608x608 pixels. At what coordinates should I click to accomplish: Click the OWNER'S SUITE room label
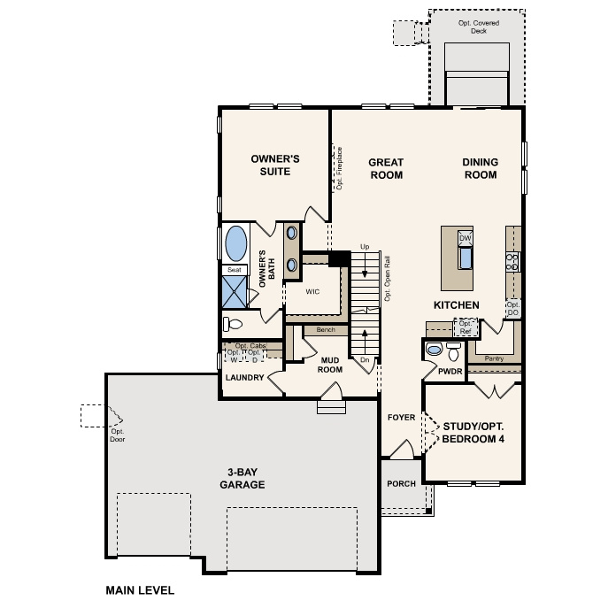coord(275,165)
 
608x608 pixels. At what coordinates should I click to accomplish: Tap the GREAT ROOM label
coord(386,168)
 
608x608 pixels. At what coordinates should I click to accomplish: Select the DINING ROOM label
coord(480,168)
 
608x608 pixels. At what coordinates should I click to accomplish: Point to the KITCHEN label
coord(456,305)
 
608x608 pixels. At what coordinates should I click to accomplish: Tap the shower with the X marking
coord(235,291)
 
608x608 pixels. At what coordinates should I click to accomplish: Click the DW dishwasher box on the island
coord(465,239)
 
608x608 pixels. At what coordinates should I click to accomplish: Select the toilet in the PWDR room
coord(434,350)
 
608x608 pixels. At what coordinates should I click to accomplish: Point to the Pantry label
coord(494,359)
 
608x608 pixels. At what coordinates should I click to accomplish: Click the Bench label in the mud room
coord(325,330)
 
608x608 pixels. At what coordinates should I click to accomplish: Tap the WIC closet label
coord(312,291)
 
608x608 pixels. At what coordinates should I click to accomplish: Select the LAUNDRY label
coord(244,378)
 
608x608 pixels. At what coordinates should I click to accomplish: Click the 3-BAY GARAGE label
coord(242,479)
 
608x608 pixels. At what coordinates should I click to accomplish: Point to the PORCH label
coord(401,484)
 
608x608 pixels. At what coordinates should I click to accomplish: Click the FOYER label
coord(401,417)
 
